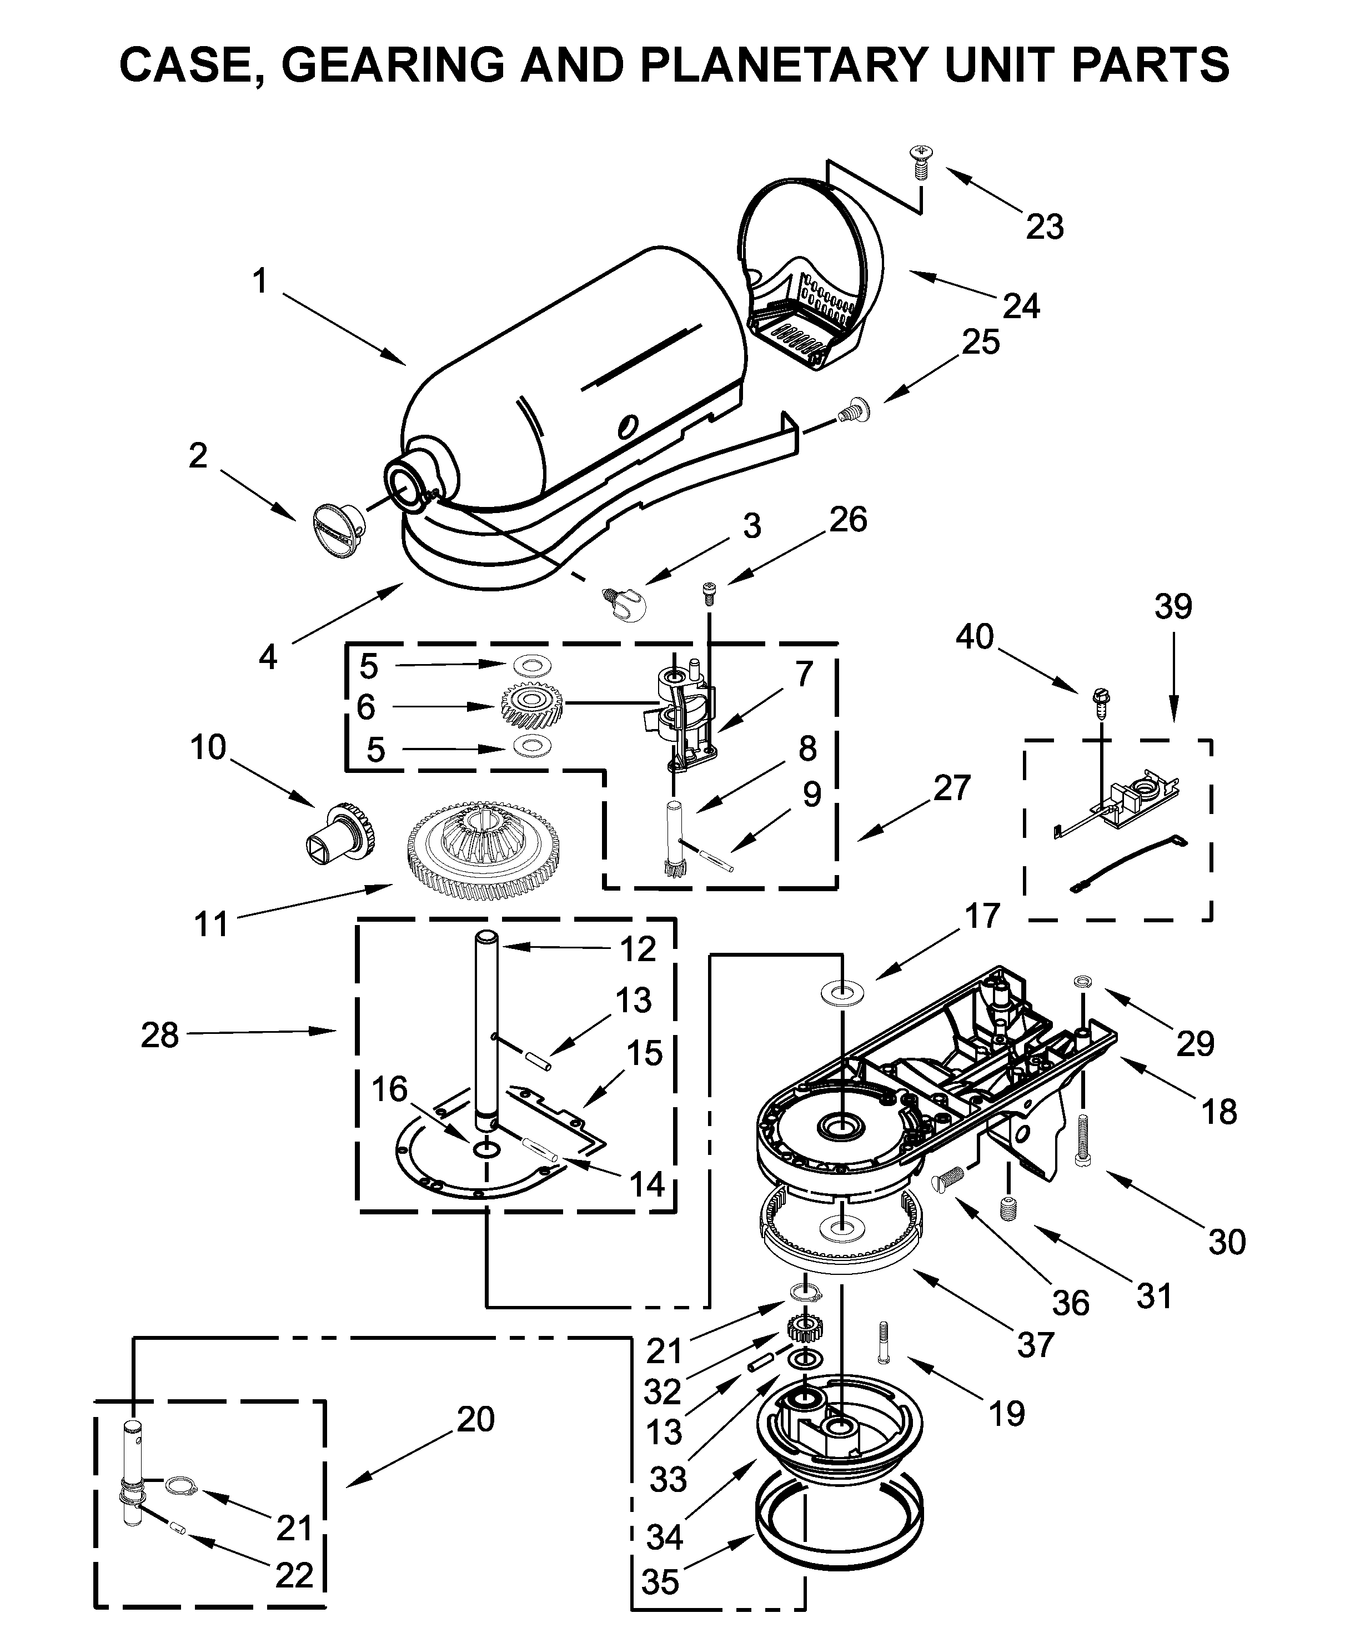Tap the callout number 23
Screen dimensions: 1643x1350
(x=1045, y=227)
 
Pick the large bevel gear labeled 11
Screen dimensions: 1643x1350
(x=484, y=853)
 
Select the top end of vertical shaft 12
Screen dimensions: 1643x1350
(x=487, y=940)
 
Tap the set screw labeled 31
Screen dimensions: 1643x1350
(x=1008, y=1209)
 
